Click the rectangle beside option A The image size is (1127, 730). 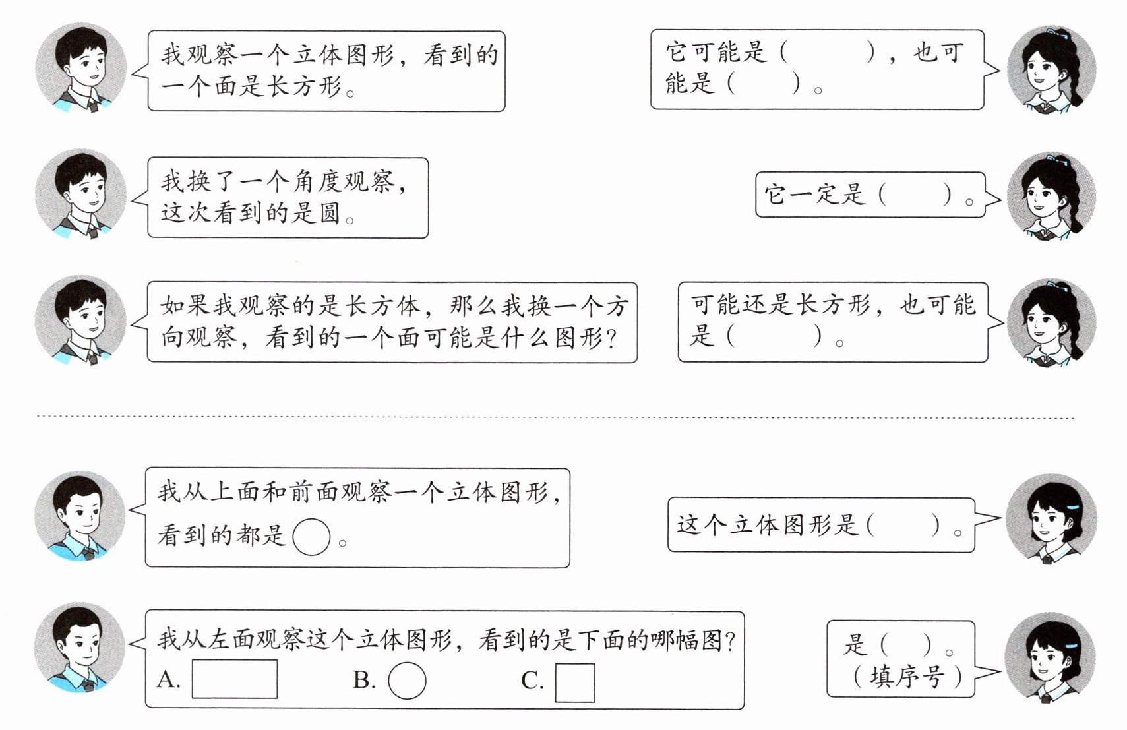coord(234,679)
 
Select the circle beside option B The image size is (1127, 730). coord(407,680)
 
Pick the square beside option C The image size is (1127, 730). coord(575,682)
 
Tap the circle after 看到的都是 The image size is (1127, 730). coord(311,536)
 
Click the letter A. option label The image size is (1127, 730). coord(169,679)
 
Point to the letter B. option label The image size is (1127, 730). coord(364,680)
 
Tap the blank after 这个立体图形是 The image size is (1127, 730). coord(903,525)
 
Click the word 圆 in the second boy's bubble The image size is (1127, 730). coord(329,213)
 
